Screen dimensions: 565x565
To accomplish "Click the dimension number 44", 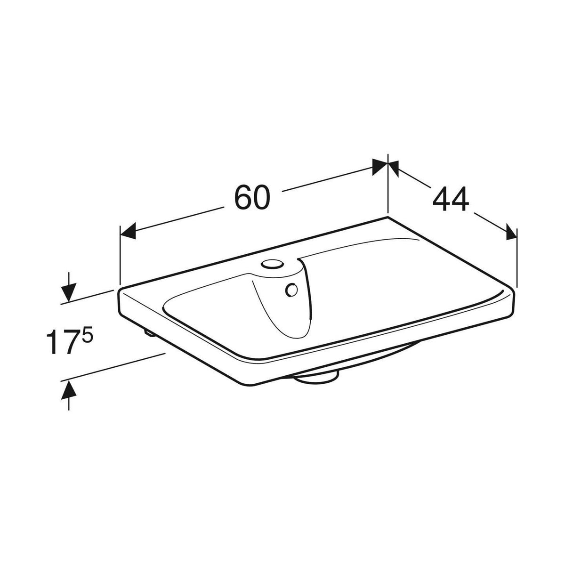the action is (451, 199).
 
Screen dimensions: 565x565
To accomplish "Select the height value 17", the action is (60, 342).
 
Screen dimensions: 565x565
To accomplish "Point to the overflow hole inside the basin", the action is (291, 291).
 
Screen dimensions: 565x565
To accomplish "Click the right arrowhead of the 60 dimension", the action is (379, 167).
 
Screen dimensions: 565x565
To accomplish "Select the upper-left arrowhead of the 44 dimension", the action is (394, 168).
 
